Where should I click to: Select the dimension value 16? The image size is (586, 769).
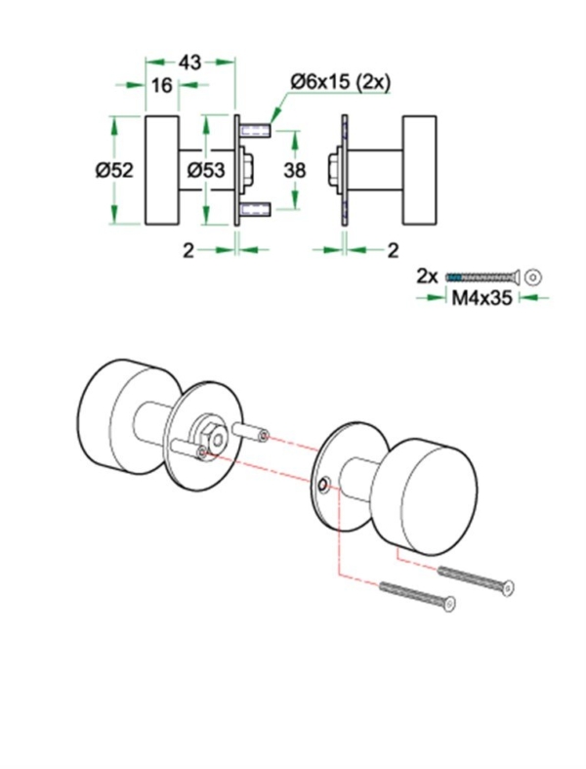coord(162,86)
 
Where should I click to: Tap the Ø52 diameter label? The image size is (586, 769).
coord(114,170)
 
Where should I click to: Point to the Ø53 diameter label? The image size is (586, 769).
coord(206,170)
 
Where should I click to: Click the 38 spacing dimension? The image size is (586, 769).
coord(294,170)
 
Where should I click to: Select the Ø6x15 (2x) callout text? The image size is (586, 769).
coord(339,83)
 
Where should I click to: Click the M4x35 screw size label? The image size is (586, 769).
coord(482,299)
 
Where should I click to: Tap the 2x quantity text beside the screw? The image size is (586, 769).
coord(427,276)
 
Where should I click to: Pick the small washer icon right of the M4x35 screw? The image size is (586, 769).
coord(532,277)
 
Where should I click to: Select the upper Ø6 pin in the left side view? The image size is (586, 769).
coord(257,131)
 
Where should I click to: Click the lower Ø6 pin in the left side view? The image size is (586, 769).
coord(257,207)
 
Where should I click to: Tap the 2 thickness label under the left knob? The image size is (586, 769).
coord(189,249)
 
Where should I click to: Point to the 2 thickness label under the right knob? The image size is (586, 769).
coord(393,249)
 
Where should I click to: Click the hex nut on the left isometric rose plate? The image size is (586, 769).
coord(206,433)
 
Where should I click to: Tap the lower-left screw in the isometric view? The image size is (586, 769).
coord(416,596)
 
